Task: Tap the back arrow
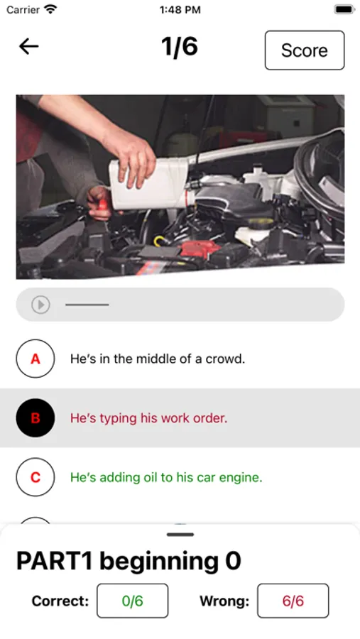(29, 47)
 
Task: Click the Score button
(305, 50)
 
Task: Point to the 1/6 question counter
(180, 46)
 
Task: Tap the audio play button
(40, 305)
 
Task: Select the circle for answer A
(36, 359)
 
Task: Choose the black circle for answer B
(36, 417)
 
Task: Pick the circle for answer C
(36, 477)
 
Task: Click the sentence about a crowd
(158, 359)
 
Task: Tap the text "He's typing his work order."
(149, 418)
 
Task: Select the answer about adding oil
(166, 477)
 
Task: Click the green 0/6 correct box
(133, 601)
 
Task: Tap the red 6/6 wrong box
(293, 601)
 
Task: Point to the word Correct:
(60, 601)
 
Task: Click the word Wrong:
(224, 601)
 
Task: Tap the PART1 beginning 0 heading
(129, 561)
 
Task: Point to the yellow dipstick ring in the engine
(160, 241)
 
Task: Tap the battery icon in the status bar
(344, 9)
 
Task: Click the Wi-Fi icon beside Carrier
(51, 9)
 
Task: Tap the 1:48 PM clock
(180, 10)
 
